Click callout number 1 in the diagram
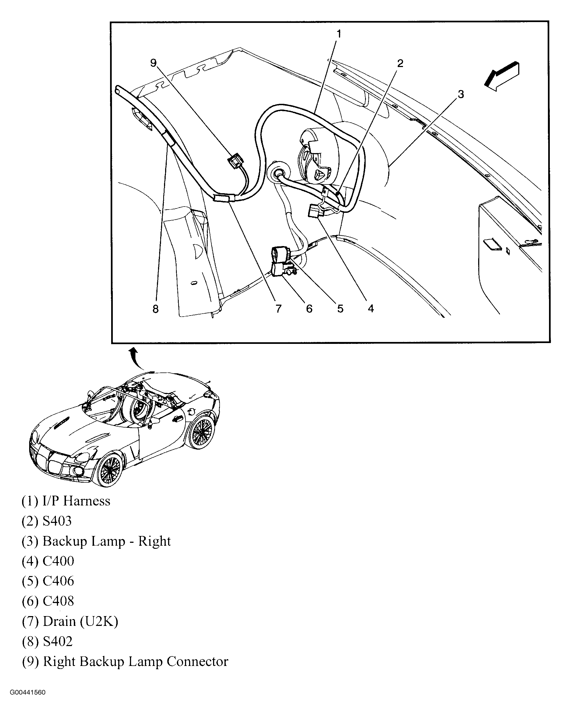pos(339,34)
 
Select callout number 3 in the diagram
pos(461,94)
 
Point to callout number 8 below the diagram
pos(156,309)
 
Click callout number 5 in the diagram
pos(340,309)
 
